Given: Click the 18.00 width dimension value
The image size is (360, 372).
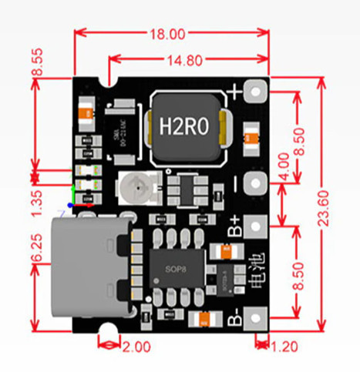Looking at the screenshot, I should (x=169, y=35).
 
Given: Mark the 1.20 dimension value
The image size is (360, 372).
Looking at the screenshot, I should (x=286, y=347).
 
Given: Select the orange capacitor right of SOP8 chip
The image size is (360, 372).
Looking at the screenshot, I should (x=224, y=252).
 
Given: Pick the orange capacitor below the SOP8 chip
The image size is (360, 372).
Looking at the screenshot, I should (x=205, y=319).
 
